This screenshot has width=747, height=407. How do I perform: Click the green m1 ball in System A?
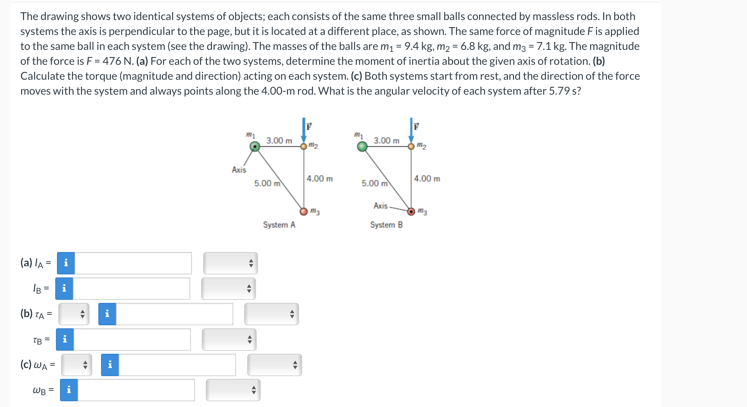[255, 147]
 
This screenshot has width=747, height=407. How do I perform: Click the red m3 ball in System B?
[411, 212]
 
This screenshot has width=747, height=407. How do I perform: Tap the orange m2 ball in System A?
[304, 147]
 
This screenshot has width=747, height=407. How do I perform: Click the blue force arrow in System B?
[411, 131]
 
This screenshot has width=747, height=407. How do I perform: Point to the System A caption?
[279, 225]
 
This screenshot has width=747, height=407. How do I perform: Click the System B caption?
[386, 225]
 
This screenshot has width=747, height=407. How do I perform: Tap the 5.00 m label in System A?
[267, 183]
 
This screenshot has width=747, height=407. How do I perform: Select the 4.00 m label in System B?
[427, 179]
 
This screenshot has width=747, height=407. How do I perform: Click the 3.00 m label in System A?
[279, 140]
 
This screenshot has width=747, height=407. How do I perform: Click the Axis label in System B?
[380, 206]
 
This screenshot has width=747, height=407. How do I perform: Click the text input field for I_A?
[133, 263]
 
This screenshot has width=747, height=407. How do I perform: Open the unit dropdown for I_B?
[229, 289]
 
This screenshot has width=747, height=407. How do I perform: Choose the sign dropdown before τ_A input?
[74, 314]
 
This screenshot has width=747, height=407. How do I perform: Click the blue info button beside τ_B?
[65, 340]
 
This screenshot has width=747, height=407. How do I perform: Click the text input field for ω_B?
[136, 390]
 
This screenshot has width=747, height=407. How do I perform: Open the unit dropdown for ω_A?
[274, 365]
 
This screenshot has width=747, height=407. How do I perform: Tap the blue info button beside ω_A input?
[110, 365]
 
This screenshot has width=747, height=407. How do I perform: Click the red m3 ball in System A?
[304, 212]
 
